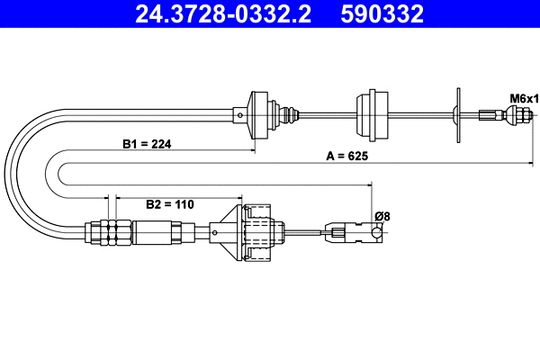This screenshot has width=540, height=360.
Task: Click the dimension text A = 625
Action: pyautogui.click(x=347, y=156)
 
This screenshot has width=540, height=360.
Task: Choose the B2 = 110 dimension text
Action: pyautogui.click(x=170, y=204)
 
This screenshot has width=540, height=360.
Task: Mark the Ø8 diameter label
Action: pyautogui.click(x=382, y=215)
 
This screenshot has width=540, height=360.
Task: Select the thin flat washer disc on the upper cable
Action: pyautogui.click(x=458, y=114)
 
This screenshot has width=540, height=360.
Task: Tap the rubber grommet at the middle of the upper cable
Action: pyautogui.click(x=372, y=113)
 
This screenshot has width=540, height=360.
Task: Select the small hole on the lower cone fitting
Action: pyautogui.click(x=216, y=231)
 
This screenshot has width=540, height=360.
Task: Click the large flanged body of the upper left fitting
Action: pyautogui.click(x=259, y=114)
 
